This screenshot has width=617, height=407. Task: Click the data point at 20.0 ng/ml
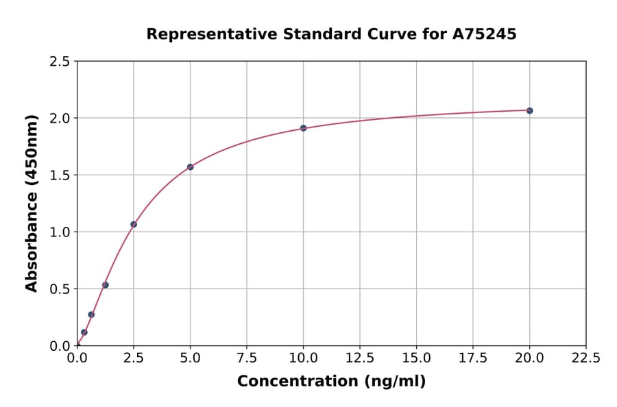click(x=529, y=110)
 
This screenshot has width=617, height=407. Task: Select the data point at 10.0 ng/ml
click(x=303, y=128)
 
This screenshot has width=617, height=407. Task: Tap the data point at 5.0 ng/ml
click(x=190, y=166)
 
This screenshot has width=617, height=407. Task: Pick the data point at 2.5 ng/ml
click(x=134, y=224)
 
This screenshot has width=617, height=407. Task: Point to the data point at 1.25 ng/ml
click(x=106, y=285)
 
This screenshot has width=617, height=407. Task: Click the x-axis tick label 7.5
click(x=247, y=358)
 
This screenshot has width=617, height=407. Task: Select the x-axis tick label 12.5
click(x=360, y=358)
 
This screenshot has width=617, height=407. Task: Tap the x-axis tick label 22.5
click(x=585, y=358)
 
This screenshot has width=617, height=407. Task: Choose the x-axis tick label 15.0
click(x=416, y=358)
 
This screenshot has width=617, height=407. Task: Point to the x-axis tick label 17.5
click(x=473, y=358)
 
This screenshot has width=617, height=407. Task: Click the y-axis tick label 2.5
click(x=60, y=62)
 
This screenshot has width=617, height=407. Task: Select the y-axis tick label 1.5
click(x=60, y=175)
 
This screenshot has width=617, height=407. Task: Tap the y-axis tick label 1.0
click(x=60, y=232)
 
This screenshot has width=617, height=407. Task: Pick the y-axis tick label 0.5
click(x=60, y=289)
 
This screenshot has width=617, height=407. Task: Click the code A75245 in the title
click(x=485, y=34)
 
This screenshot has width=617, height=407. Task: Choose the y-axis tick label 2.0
click(x=60, y=119)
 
